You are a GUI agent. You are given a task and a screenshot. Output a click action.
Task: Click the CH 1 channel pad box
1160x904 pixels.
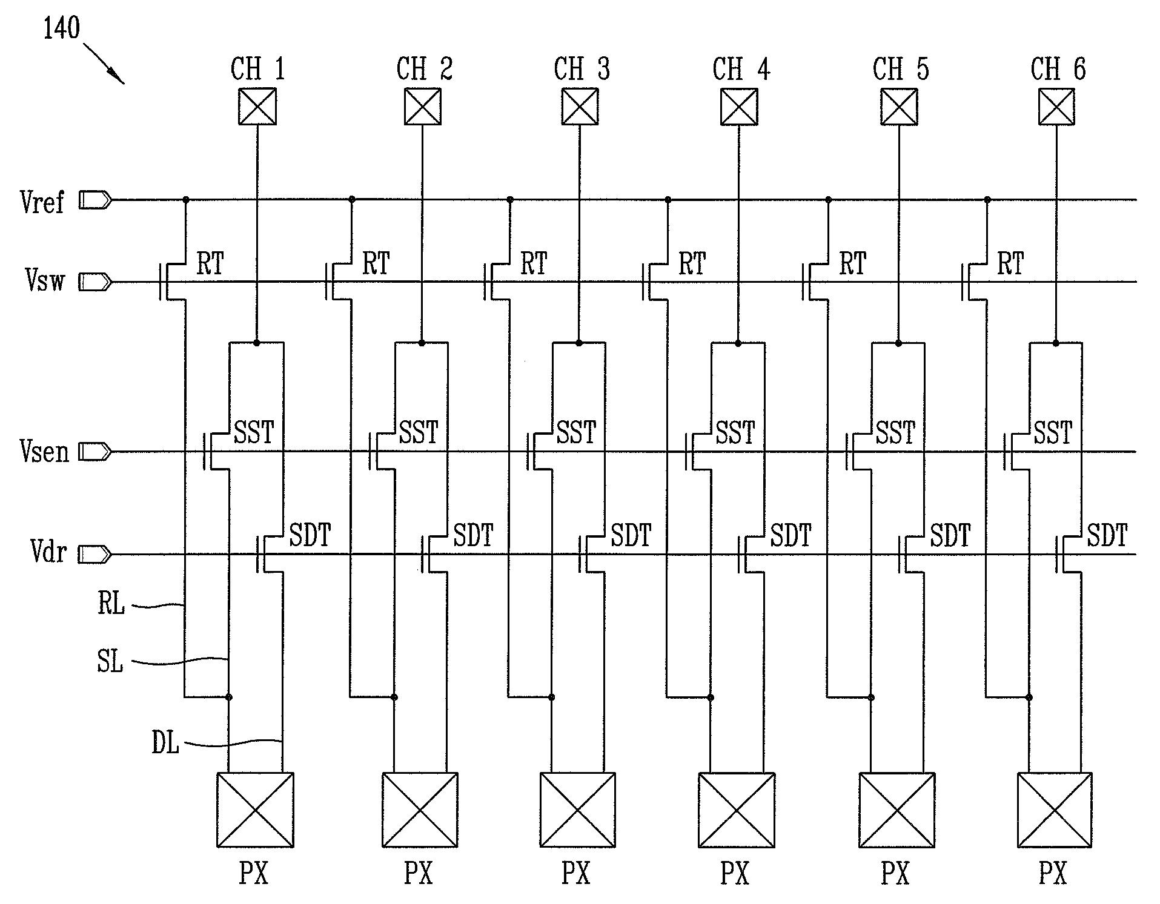click(257, 107)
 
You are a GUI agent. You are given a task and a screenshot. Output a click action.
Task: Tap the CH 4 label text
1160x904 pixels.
click(741, 69)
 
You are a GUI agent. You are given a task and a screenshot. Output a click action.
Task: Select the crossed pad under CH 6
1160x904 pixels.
click(1056, 107)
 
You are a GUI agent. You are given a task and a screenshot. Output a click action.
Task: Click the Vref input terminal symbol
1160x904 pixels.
click(95, 200)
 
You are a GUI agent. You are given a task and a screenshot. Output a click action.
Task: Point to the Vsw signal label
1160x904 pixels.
click(44, 281)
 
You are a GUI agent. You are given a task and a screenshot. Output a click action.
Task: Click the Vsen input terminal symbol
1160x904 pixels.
click(95, 452)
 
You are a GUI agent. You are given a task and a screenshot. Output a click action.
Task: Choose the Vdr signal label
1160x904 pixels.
click(47, 552)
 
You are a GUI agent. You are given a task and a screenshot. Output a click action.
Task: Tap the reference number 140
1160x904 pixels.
click(61, 28)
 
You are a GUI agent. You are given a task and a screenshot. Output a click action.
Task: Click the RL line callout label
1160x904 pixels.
click(111, 604)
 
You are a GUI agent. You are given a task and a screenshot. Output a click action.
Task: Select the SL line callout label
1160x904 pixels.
click(110, 661)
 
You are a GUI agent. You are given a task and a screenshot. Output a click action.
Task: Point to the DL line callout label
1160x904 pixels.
click(165, 742)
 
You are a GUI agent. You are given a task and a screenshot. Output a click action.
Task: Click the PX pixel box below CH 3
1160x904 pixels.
click(577, 810)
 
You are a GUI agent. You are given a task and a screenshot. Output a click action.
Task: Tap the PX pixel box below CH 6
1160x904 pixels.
click(1055, 810)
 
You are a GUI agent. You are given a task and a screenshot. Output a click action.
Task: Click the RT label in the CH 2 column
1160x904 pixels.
click(376, 264)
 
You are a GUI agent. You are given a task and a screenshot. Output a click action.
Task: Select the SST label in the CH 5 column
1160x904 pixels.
click(895, 433)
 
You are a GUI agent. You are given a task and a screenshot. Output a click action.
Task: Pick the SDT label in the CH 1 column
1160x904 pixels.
click(310, 535)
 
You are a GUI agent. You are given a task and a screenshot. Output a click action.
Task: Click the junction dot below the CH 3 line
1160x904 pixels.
click(579, 343)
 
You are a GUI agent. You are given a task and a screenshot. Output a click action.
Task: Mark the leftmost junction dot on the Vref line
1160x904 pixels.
click(186, 199)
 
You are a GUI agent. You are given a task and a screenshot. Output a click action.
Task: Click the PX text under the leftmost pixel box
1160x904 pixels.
click(254, 873)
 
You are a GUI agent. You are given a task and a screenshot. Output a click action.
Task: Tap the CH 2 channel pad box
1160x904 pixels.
click(422, 107)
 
